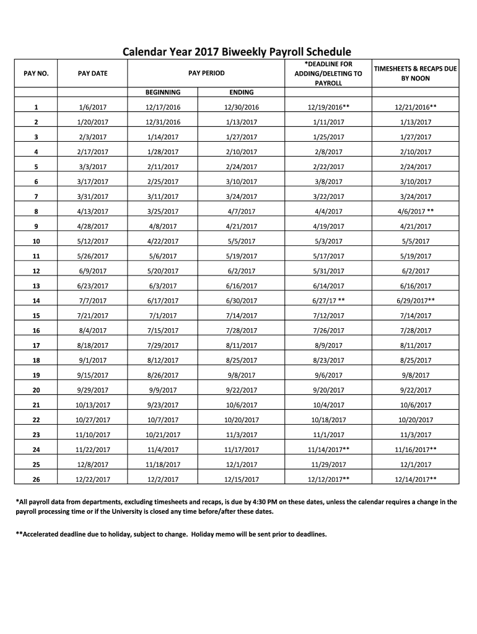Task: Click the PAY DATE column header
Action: point(92,74)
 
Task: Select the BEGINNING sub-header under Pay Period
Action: point(163,92)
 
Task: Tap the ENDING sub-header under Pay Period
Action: point(242,92)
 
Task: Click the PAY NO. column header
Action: point(36,74)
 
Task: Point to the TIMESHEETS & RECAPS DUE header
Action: point(414,69)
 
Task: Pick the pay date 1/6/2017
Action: point(93,107)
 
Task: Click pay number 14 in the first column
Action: point(36,301)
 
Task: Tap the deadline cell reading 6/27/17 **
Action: point(328,301)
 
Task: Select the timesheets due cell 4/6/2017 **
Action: point(415,211)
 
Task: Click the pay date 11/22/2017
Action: point(93,449)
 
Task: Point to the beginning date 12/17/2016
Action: point(163,107)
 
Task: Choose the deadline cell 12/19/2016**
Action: point(328,107)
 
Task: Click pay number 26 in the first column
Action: point(36,479)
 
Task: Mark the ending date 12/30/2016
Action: point(242,107)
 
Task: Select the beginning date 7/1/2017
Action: point(163,316)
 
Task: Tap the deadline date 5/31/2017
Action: point(328,271)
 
